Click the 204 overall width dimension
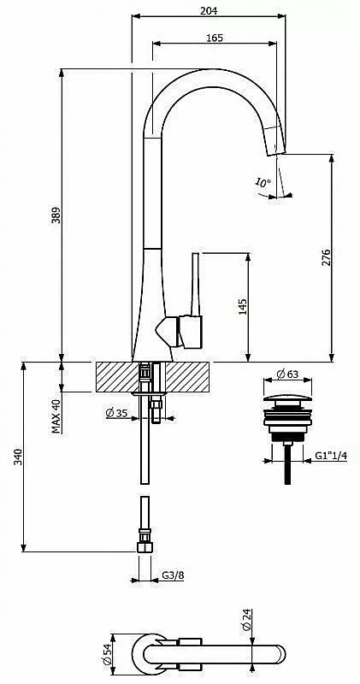pos(209,11)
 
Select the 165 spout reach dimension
pos(215,38)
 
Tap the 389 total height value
pos(56,215)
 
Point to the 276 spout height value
pos(326,257)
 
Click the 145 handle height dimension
pos(243,307)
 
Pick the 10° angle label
pos(263,183)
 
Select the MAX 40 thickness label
pos(56,416)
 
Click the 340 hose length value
pos(17,457)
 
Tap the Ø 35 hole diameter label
pos(116,413)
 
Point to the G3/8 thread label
pos(174,575)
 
